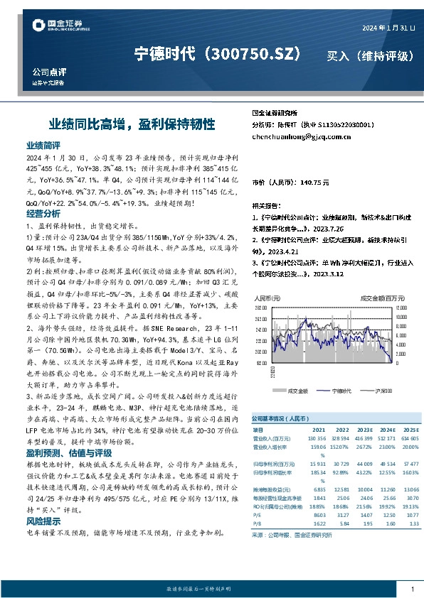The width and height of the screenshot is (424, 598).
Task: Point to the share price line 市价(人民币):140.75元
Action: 291,183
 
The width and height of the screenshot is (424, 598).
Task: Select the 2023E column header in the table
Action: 364,430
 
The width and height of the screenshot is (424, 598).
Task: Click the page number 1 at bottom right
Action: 412,589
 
